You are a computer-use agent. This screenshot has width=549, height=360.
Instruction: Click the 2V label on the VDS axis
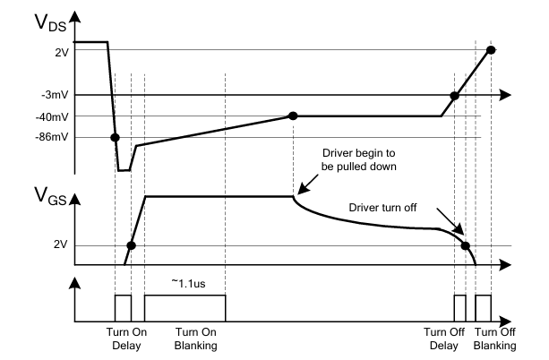(x=62, y=53)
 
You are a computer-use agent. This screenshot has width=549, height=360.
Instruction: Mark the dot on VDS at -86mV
(x=115, y=137)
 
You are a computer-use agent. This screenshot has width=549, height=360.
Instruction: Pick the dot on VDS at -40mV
(x=293, y=116)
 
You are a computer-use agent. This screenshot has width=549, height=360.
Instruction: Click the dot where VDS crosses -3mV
(x=454, y=95)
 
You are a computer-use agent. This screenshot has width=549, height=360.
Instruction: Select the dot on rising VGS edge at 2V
(x=131, y=245)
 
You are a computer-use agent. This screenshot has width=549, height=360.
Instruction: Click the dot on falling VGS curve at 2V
(x=465, y=245)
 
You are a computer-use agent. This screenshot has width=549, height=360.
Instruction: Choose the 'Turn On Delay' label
(x=123, y=338)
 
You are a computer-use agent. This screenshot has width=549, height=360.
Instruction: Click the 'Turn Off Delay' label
(x=444, y=338)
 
